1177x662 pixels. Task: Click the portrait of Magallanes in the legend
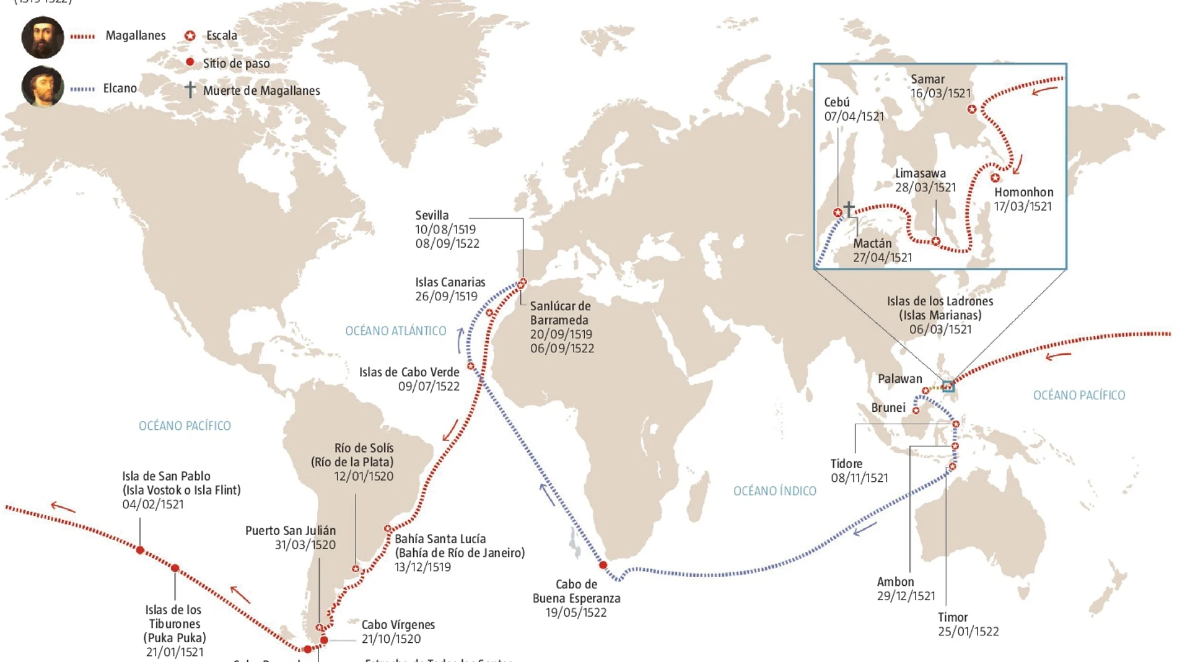pyautogui.click(x=42, y=37)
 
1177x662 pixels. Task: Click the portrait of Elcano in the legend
pyautogui.click(x=42, y=87)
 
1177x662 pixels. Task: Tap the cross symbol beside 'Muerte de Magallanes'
pyautogui.click(x=190, y=90)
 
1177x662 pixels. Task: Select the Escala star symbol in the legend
pyautogui.click(x=190, y=36)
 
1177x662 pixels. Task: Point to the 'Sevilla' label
pyautogui.click(x=432, y=216)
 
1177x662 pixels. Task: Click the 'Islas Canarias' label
pyautogui.click(x=450, y=282)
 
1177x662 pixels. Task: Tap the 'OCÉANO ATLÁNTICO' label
pyautogui.click(x=395, y=331)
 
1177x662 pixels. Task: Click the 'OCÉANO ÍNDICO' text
pyautogui.click(x=774, y=491)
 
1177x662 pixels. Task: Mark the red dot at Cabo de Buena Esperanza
pyautogui.click(x=603, y=565)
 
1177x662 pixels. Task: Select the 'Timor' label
pyautogui.click(x=952, y=617)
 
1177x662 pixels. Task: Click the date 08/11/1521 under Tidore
pyautogui.click(x=859, y=478)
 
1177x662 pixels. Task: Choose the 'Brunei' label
pyautogui.click(x=888, y=407)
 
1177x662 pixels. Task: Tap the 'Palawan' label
pyautogui.click(x=899, y=379)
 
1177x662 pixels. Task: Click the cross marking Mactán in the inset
pyautogui.click(x=849, y=208)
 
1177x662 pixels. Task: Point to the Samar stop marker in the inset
pyautogui.click(x=972, y=110)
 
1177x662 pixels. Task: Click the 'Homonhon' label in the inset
pyautogui.click(x=1023, y=193)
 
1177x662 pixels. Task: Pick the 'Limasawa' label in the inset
pyautogui.click(x=920, y=173)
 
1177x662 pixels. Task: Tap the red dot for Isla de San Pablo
pyautogui.click(x=141, y=550)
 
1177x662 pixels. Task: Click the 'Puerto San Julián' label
pyautogui.click(x=291, y=531)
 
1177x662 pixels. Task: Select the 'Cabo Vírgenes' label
pyautogui.click(x=398, y=625)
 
